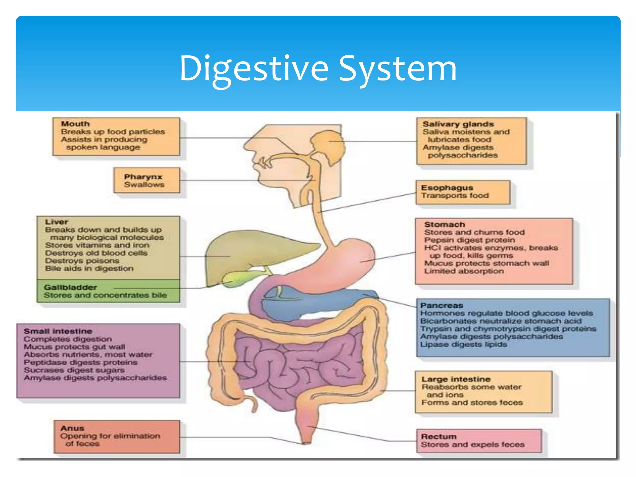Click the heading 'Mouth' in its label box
(75, 124)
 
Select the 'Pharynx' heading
(143, 177)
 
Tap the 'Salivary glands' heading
(458, 124)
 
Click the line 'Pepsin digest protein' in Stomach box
(469, 240)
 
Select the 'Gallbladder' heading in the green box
(70, 287)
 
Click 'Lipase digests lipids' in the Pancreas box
(463, 344)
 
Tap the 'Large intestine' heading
(456, 379)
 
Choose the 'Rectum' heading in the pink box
(438, 436)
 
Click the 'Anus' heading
(72, 428)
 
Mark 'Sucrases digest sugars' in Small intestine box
(74, 370)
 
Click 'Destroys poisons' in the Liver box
(82, 261)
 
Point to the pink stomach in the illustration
(348, 258)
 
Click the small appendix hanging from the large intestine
(253, 404)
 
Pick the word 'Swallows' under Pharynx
(144, 185)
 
